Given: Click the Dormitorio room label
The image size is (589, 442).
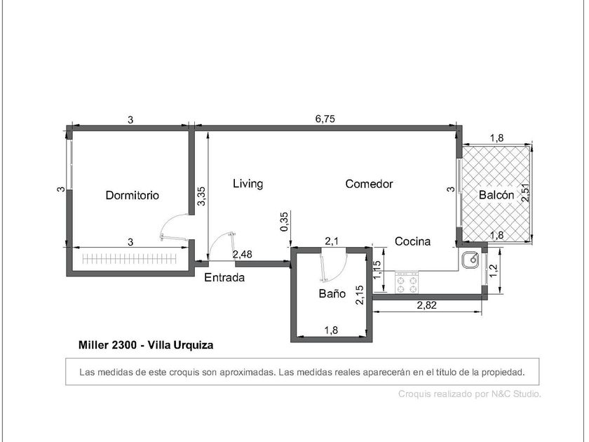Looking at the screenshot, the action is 133,195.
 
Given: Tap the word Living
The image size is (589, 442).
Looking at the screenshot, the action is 248,183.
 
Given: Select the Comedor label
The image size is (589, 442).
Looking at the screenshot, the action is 369,184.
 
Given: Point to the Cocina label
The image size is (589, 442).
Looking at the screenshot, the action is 412,241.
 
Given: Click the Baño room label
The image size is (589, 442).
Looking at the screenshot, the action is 332,293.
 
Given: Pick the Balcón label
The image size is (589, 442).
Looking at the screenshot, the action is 496,195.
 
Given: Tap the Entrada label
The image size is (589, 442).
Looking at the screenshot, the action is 224,277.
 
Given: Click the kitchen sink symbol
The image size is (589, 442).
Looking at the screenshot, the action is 470,260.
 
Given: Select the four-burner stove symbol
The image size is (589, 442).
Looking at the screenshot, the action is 407,282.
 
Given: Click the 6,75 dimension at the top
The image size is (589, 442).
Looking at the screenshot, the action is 325,119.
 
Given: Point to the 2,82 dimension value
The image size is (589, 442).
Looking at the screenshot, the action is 427,304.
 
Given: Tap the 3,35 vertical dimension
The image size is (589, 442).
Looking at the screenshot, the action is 201,196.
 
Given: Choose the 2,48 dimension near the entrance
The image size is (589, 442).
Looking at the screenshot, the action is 243,255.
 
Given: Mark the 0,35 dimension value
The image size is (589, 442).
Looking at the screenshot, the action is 285,222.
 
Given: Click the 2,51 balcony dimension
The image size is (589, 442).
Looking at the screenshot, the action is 525,192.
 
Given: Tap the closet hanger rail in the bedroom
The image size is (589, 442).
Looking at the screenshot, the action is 129,259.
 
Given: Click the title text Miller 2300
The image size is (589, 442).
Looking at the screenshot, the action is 107,344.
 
